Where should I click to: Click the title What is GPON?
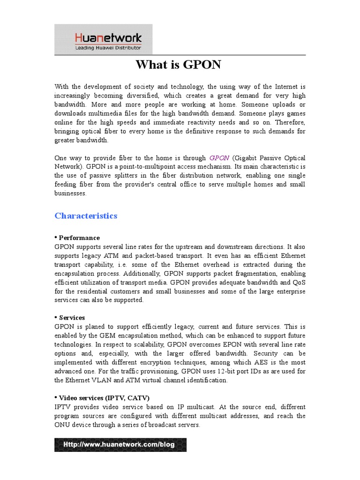pos(178,65)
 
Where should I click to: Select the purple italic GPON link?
pos(218,158)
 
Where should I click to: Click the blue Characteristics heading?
pos(86,216)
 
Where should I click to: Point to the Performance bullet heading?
pos(79,238)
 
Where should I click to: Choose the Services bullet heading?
pos(72,317)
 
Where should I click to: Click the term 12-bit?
pos(223,371)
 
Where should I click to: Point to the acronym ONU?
pos(62,425)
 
